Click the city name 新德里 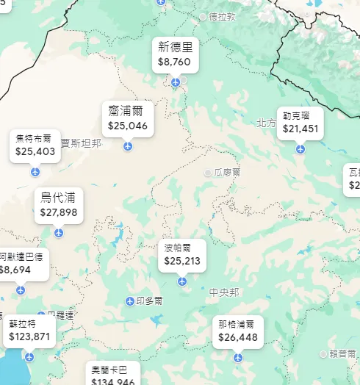(x=175, y=48)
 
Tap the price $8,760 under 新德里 (x=175, y=62)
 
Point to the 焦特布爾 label (x=35, y=137)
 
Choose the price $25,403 (x=35, y=151)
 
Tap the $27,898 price (x=59, y=212)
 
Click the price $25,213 (x=182, y=261)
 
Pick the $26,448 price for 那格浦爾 (x=237, y=337)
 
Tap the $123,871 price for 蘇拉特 (x=29, y=337)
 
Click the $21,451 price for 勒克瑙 (x=300, y=129)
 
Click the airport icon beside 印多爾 (x=131, y=301)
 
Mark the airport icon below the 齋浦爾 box (x=128, y=145)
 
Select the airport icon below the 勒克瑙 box (x=300, y=148)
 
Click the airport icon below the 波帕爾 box (x=182, y=281)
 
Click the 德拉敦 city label (x=222, y=15)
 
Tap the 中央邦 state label (x=223, y=292)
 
